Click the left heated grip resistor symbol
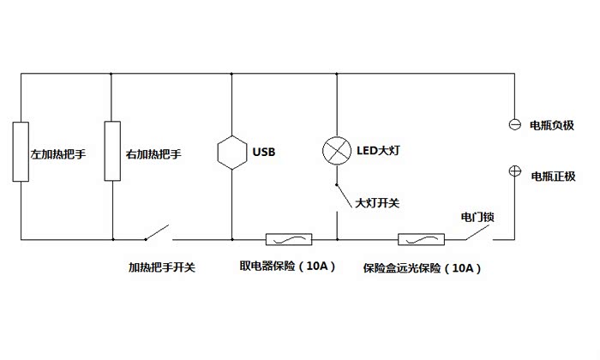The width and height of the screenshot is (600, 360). tap(20, 152)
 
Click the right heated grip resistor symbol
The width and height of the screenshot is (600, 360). tap(112, 152)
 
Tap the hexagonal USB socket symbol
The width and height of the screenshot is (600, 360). tap(232, 153)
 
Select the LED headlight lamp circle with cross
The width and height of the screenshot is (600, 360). tap(336, 151)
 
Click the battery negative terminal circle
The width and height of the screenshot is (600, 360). tap(515, 124)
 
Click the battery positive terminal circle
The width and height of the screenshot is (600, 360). tap(515, 171)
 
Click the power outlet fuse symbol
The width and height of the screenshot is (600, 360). tap(289, 239)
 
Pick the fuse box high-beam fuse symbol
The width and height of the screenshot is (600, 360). tap(420, 239)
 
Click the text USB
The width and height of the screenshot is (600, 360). tap(264, 153)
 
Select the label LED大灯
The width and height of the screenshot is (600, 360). tap(378, 152)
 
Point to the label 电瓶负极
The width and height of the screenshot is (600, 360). tap(553, 126)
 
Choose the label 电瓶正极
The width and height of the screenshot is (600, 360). tap(553, 177)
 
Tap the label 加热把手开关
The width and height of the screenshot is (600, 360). tap(162, 267)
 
